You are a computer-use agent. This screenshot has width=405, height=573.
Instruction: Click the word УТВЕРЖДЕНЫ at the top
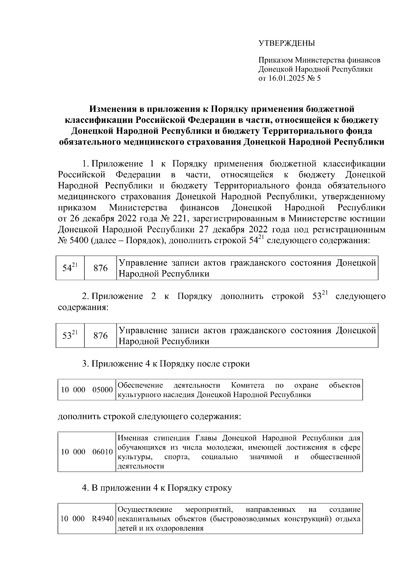286,44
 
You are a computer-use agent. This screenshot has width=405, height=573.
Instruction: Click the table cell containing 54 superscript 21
70,268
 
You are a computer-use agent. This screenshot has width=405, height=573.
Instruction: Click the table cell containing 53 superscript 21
70,336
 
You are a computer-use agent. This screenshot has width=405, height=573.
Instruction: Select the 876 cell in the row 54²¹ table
100,268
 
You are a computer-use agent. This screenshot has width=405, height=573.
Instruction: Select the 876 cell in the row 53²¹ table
100,336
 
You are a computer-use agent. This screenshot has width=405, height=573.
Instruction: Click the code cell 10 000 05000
87,390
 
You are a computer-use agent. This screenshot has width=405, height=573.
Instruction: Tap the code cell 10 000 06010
87,452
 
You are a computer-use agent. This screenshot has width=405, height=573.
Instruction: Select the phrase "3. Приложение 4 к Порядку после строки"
166,364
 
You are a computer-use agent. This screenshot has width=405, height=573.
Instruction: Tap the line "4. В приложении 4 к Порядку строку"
157,488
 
